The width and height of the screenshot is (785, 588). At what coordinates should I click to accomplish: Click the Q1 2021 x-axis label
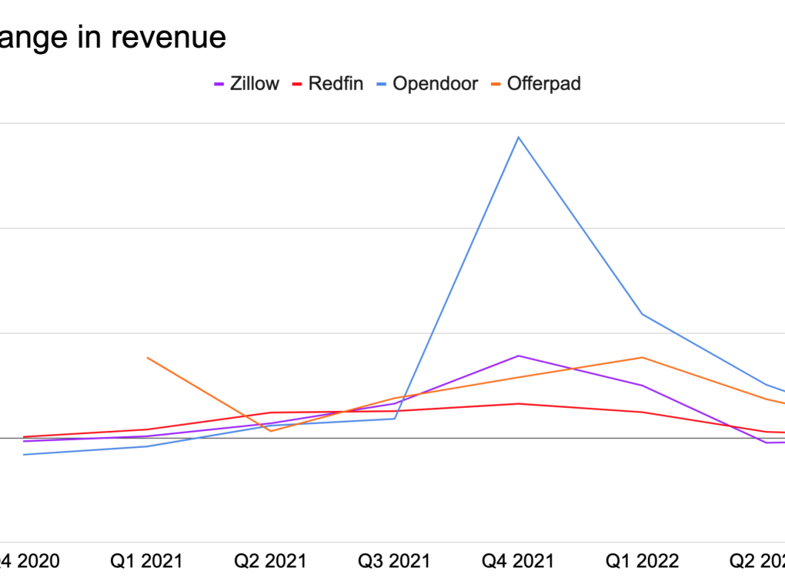click(x=146, y=561)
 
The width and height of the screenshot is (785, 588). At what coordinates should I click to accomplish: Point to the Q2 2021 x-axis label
click(x=270, y=561)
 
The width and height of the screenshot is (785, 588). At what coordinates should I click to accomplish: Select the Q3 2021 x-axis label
click(x=394, y=561)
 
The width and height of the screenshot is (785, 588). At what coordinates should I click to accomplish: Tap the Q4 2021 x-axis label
click(x=518, y=561)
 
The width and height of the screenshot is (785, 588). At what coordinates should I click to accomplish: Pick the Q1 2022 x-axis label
click(x=643, y=561)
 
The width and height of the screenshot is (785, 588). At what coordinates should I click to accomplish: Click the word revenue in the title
click(x=173, y=37)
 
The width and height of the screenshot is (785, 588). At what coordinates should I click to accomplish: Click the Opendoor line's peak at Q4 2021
click(x=519, y=137)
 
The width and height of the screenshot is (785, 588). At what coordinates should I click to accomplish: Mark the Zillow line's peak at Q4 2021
click(x=519, y=356)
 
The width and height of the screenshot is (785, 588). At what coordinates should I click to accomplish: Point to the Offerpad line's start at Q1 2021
click(x=147, y=357)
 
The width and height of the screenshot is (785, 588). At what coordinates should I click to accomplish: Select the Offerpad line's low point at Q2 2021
click(x=271, y=431)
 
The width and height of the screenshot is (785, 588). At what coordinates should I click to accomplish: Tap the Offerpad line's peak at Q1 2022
click(x=642, y=357)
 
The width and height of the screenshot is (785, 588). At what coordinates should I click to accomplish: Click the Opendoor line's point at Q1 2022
click(x=642, y=314)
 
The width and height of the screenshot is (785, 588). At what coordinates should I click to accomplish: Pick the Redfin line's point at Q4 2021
click(x=519, y=403)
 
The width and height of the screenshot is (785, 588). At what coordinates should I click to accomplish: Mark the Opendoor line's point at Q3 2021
click(x=395, y=419)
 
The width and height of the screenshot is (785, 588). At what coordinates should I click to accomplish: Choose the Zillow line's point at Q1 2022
click(x=642, y=385)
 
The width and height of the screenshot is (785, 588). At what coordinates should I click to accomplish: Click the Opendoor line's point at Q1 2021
click(x=147, y=446)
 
